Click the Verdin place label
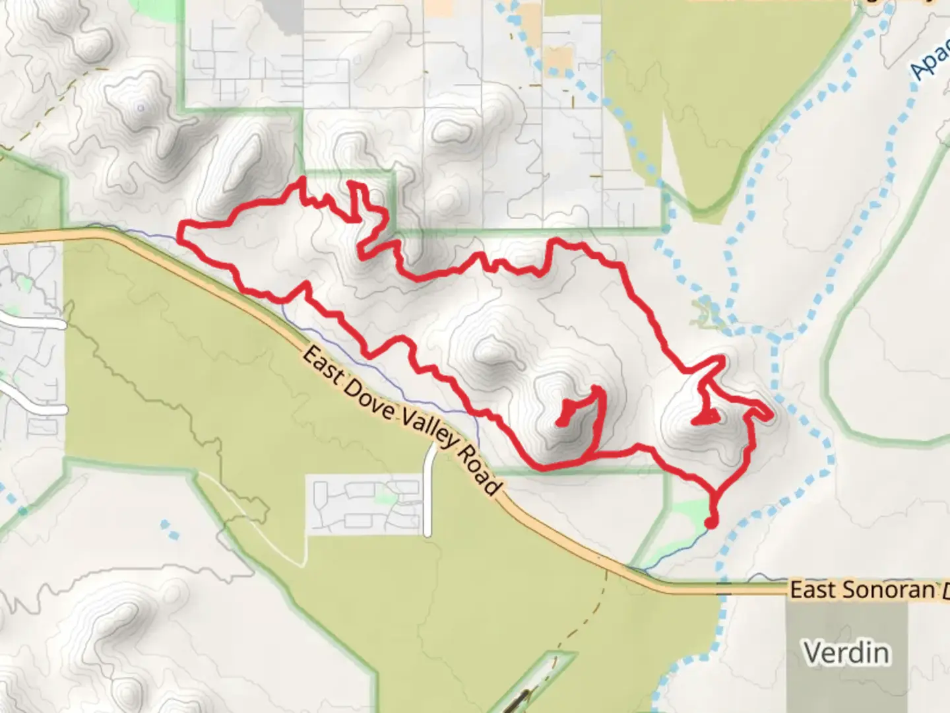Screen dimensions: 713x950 click(846, 652)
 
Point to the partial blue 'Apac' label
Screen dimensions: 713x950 click(930, 63)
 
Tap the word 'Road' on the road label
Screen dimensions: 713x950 click(477, 470)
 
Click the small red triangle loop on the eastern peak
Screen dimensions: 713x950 click(705, 418)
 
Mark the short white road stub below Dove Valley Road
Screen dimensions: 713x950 click(429, 489)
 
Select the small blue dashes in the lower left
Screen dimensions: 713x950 click(170, 528)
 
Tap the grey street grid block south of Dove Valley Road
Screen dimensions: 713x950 click(366, 506)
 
